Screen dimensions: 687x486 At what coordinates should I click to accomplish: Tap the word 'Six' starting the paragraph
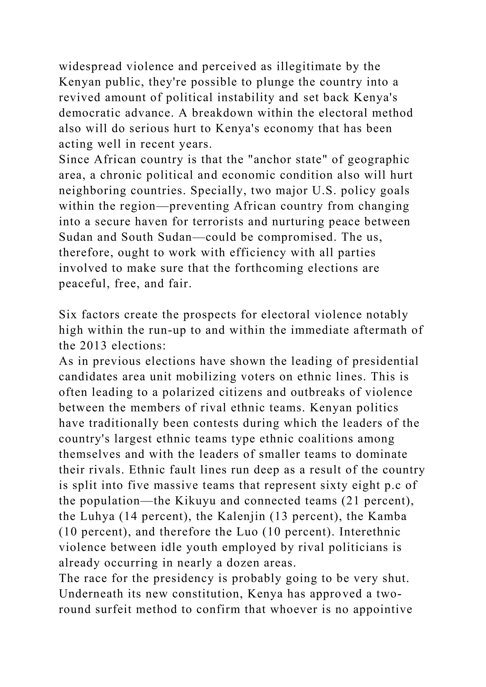click(67, 315)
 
